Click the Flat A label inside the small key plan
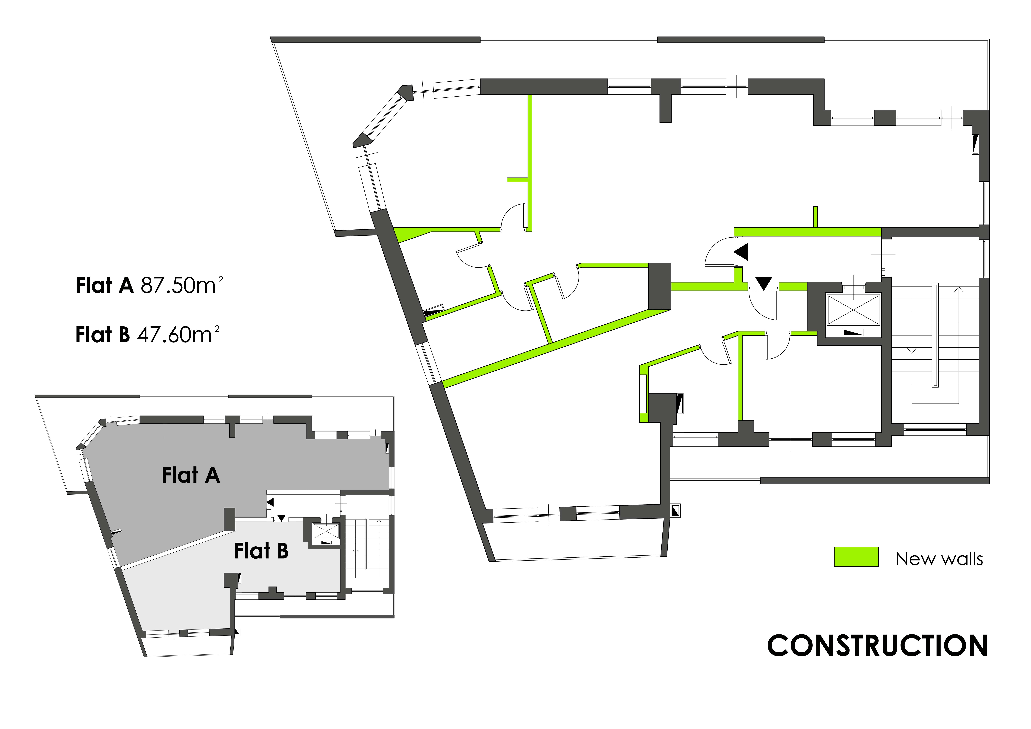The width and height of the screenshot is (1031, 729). [191, 475]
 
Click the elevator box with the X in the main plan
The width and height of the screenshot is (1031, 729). [853, 309]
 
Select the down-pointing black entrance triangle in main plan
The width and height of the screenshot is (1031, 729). [763, 283]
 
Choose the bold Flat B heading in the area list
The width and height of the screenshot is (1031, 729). [102, 335]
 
